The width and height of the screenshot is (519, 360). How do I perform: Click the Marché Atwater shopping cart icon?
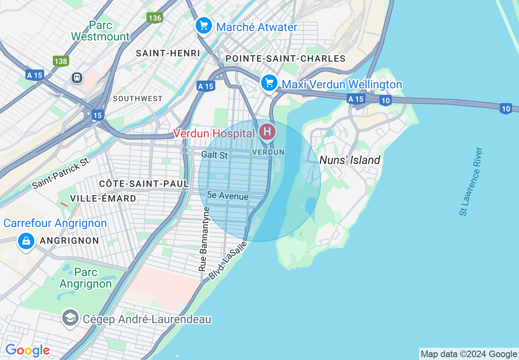[x=203, y=26]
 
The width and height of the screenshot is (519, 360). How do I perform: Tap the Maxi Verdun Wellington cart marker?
[x=269, y=83]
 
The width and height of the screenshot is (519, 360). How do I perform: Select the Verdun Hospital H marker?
[x=268, y=132]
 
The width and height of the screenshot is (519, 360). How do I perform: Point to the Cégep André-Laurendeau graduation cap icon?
[x=70, y=317]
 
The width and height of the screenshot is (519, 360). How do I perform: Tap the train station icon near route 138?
[x=77, y=77]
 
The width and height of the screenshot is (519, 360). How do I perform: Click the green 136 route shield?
[x=155, y=18]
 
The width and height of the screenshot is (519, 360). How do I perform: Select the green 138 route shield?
[x=61, y=61]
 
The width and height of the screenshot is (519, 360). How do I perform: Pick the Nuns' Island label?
[x=350, y=160]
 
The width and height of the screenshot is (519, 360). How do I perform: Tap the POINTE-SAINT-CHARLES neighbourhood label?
[x=286, y=59]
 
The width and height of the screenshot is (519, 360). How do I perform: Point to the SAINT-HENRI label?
[x=168, y=53]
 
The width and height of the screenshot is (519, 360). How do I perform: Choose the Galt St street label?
[x=214, y=155]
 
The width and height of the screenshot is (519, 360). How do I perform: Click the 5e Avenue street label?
[x=228, y=196]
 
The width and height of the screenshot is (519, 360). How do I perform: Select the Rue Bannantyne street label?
[x=203, y=239]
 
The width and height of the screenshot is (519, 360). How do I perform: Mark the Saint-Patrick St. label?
[x=61, y=173]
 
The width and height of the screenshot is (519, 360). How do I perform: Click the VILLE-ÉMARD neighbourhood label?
[x=103, y=198]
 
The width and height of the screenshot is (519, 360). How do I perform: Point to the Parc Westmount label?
[x=100, y=31]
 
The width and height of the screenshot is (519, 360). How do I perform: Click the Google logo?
[x=27, y=350]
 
